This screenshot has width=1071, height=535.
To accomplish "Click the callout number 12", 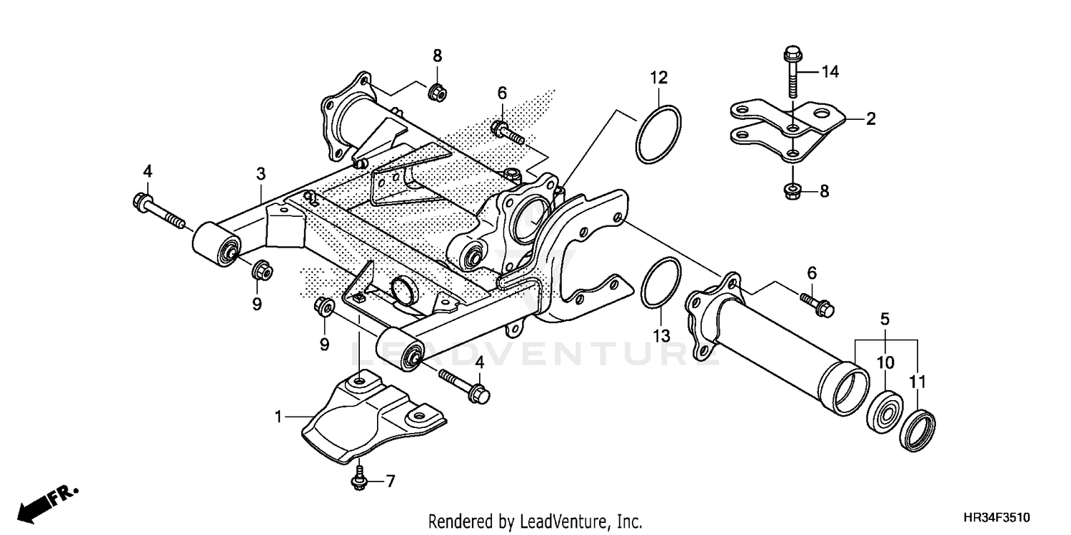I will [x=658, y=77].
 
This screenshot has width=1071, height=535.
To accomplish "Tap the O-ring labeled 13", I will [x=660, y=285].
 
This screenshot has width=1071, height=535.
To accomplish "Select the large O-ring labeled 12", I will [x=657, y=135].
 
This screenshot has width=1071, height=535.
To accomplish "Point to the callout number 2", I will [x=870, y=119].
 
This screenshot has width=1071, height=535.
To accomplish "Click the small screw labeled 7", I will [x=358, y=482].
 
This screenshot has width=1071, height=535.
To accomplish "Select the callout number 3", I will [x=261, y=173].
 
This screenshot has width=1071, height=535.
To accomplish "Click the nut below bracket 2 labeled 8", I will [x=792, y=190].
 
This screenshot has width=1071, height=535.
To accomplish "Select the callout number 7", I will [x=390, y=481].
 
